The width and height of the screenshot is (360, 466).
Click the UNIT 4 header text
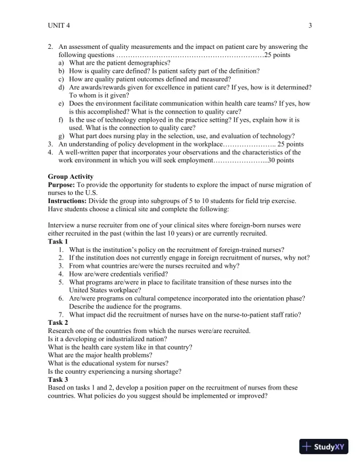pyautogui.click(x=60, y=25)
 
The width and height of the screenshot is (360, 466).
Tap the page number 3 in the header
pyautogui.click(x=310, y=25)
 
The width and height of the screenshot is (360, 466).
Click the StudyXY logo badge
pyautogui.click(x=323, y=447)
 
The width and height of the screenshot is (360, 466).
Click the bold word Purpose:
pyautogui.click(x=62, y=185)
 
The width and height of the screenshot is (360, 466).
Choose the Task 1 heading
pyautogui.click(x=58, y=242)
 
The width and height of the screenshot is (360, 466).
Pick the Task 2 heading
pyautogui.click(x=58, y=322)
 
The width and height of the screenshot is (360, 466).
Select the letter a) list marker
pyautogui.click(x=62, y=62)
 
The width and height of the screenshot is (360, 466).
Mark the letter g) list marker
pyautogui.click(x=62, y=135)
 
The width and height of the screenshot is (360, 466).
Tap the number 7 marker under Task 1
pyautogui.click(x=61, y=315)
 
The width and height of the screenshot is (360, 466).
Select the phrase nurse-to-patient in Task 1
pyautogui.click(x=240, y=315)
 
